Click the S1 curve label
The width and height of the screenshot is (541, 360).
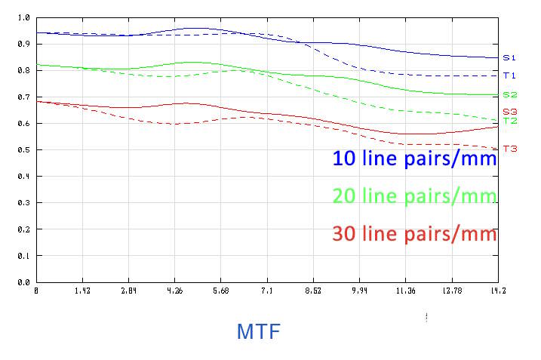[509, 57]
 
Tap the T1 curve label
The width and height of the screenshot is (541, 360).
[509, 75]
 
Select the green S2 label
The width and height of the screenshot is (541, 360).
[509, 95]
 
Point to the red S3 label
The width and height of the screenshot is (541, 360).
[509, 111]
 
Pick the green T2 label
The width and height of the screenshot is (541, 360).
[509, 121]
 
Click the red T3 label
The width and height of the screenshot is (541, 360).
[509, 149]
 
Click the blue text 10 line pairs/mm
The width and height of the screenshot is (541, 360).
[414, 159]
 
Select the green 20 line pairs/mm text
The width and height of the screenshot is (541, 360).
[414, 196]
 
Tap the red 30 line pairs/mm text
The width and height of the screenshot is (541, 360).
[414, 234]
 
